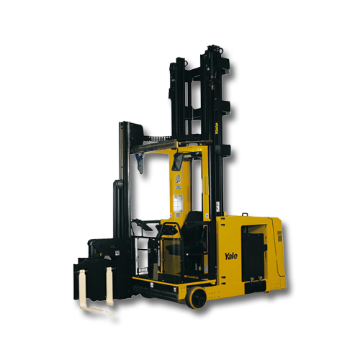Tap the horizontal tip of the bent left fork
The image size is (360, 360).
pyautogui.click(x=108, y=313)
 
